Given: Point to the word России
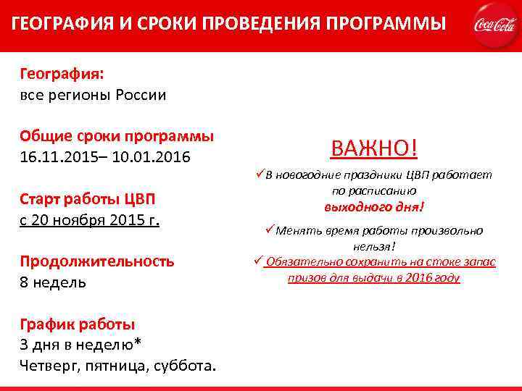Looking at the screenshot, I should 140,95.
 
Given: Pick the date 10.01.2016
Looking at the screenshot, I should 154,156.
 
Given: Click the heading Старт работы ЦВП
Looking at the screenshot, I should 88,199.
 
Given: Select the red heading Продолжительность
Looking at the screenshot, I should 97,261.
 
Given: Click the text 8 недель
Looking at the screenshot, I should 53,282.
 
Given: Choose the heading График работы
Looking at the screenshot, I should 78,324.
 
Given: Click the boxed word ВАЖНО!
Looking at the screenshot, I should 374,148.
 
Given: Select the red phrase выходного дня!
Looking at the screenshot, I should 374,206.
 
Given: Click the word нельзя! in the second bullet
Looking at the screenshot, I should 373,246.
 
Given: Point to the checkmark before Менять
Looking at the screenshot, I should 269,230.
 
